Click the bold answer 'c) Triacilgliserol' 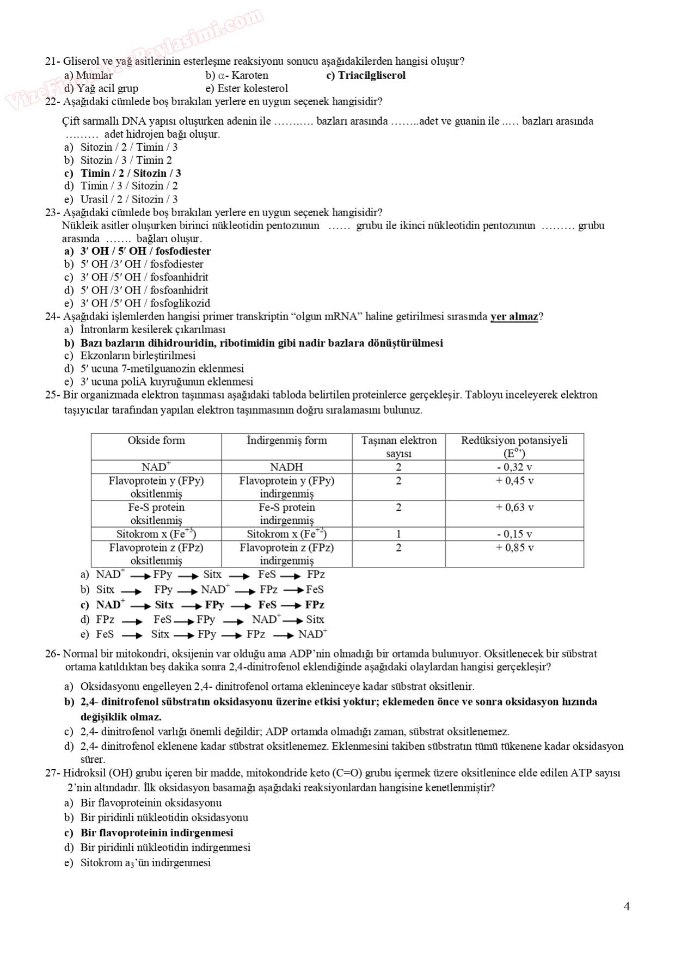coord(366,76)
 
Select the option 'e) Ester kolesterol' coord(247,89)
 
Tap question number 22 coord(52,102)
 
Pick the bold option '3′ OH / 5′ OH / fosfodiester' coord(145,251)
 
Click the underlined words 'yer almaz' coord(514,317)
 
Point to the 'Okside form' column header coord(156,440)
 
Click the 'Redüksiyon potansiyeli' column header coord(514,440)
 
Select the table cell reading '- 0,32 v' coord(514,467)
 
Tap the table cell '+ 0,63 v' coord(514,507)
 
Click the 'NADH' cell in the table coord(286,467)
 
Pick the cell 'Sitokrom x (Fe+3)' coord(156,534)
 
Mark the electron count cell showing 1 coord(398,534)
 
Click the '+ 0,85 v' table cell coord(514,548)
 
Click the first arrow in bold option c coord(140,606)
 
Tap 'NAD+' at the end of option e coord(312,634)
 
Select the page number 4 coord(627,907)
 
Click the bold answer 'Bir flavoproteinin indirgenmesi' coord(157,833)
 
